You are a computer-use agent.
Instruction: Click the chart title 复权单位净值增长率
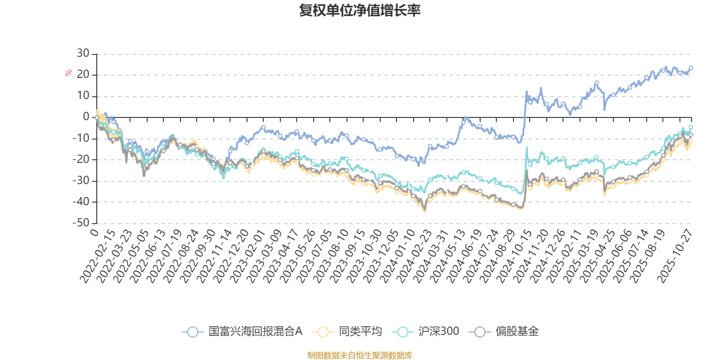coord(360,11)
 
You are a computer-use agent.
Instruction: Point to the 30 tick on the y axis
coord(83,54)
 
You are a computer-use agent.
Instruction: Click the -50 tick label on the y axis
coord(81,223)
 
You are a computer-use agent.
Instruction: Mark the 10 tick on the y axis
coord(83,96)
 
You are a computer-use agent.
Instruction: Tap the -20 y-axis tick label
coord(81,159)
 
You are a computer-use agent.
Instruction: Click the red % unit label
coord(68,73)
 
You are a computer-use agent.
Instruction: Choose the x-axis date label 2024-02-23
coord(414,256)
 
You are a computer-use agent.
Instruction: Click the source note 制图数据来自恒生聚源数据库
coord(360,355)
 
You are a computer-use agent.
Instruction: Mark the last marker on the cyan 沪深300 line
coord(691,127)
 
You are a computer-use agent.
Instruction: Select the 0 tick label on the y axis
coord(86,117)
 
